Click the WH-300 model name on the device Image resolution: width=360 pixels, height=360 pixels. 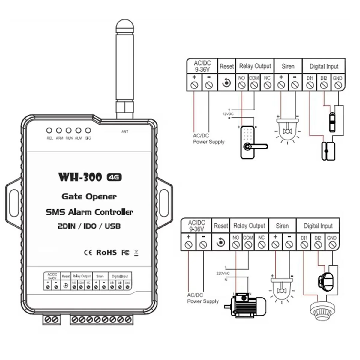click(80, 177)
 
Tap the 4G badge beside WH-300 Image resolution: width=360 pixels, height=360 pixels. click(114, 177)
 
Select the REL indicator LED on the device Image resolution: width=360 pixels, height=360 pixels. click(49, 130)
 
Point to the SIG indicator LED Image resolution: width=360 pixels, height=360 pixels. click(88, 130)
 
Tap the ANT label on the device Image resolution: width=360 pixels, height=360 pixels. click(125, 131)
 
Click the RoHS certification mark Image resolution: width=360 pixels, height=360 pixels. click(106, 252)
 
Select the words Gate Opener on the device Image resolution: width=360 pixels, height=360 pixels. click(89, 196)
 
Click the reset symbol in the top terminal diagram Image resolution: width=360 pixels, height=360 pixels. click(226, 82)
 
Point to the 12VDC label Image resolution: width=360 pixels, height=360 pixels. click(228, 114)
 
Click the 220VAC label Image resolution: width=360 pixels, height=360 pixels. click(223, 274)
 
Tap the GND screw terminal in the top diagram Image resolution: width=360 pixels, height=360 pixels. click(338, 85)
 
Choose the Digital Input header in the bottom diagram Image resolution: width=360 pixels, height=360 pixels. click(318, 226)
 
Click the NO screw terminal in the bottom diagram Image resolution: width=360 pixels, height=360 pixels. click(236, 245)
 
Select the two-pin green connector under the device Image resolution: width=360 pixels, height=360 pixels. click(51, 319)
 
